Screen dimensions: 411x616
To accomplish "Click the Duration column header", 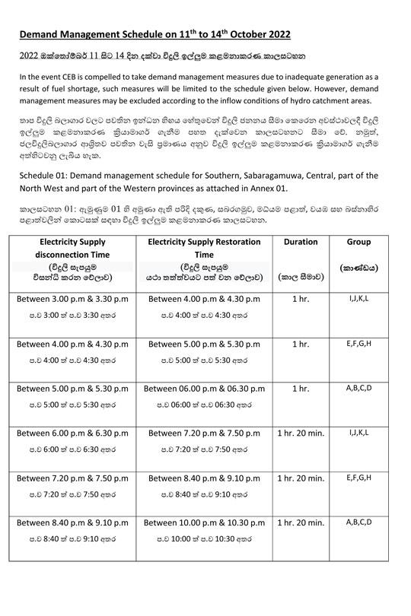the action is coord(300,242).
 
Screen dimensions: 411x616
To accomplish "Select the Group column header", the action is coord(358,242).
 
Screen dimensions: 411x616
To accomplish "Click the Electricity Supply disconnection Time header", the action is coord(73,248).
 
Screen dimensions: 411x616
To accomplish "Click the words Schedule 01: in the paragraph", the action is coord(43,176).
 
